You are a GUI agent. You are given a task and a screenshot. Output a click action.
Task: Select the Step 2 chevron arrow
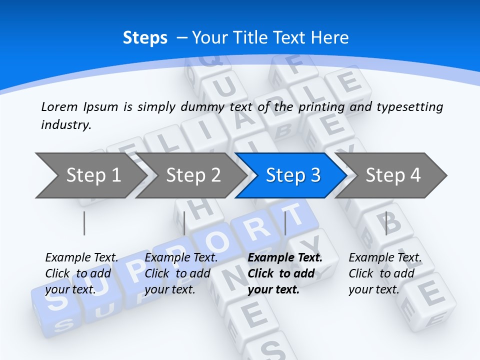[193, 175]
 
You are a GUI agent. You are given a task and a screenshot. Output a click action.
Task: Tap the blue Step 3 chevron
[293, 175]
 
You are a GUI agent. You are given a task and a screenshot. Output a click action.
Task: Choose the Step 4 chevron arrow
[393, 175]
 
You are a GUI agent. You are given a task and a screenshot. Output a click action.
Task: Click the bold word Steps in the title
[145, 38]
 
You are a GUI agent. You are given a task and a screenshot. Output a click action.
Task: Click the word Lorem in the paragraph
[59, 106]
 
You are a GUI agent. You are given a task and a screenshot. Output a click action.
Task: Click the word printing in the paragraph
[322, 107]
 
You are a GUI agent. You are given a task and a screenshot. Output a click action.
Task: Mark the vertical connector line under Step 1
[84, 223]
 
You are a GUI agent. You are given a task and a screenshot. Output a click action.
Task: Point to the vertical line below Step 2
[184, 223]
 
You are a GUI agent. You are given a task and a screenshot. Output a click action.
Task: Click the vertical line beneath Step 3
[285, 223]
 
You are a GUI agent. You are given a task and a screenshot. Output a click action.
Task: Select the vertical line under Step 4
[386, 223]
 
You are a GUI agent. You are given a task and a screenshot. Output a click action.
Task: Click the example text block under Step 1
[81, 273]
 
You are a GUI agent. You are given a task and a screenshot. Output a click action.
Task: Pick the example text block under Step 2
[181, 273]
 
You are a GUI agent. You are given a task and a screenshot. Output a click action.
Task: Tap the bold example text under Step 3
[285, 273]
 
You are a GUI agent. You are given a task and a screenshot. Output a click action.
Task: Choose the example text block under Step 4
[385, 273]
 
